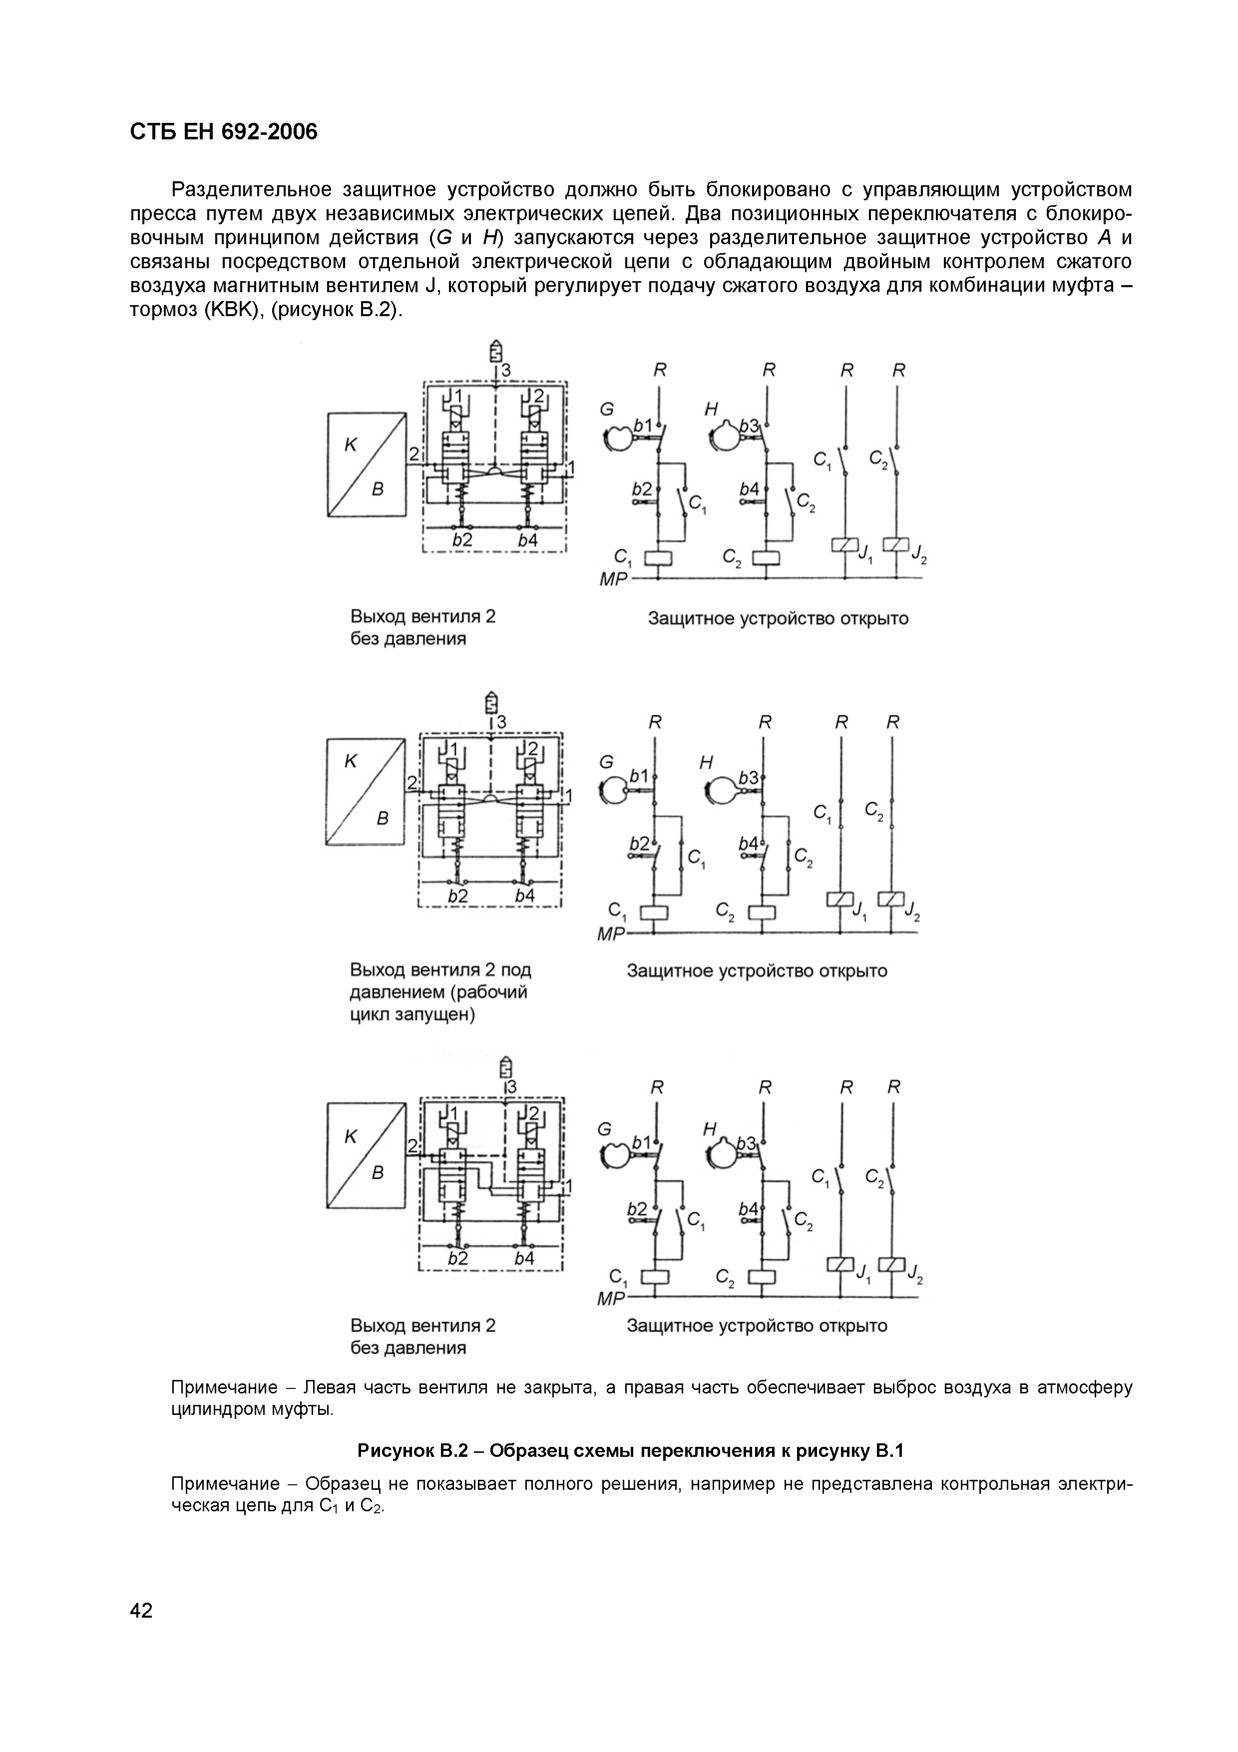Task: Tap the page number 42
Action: pyautogui.click(x=142, y=1611)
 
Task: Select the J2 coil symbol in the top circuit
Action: pyautogui.click(x=896, y=545)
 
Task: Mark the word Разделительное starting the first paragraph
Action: pyautogui.click(x=251, y=189)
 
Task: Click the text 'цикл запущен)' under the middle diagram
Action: pyautogui.click(x=412, y=1015)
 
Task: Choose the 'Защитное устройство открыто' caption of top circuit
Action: pyautogui.click(x=778, y=619)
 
